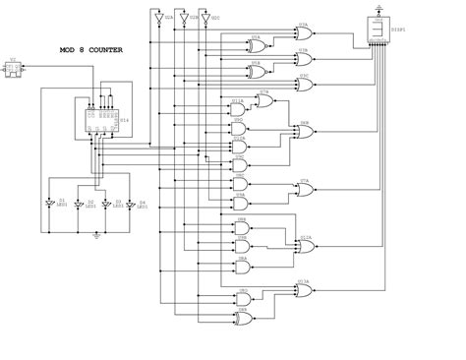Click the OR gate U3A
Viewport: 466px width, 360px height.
[304, 32]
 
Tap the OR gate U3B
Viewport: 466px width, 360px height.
[304, 55]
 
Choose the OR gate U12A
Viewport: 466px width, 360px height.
[304, 242]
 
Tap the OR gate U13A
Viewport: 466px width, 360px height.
[304, 286]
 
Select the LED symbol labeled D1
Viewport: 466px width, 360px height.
[51, 204]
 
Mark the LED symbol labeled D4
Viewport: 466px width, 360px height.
[133, 204]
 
